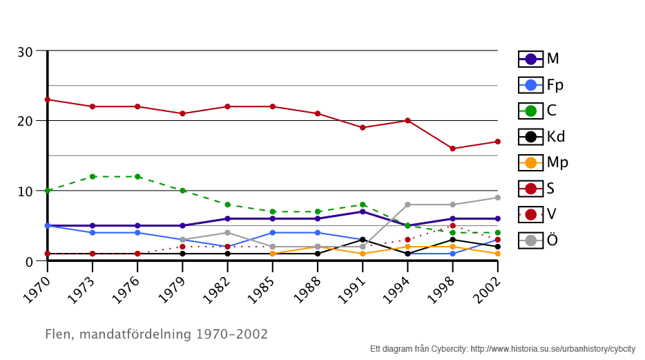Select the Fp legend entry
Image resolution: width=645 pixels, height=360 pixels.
(x=541, y=85)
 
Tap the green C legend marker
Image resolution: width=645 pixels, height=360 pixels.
(x=530, y=111)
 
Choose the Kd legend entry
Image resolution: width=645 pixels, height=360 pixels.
(x=541, y=136)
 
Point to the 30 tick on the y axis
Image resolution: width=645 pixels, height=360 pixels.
(x=26, y=52)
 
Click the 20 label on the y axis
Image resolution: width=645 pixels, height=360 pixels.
(x=26, y=121)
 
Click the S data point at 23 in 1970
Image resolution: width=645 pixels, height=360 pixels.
(x=48, y=100)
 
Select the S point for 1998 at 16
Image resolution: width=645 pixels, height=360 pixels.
(x=452, y=149)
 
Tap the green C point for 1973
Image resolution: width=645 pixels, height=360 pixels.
(x=93, y=177)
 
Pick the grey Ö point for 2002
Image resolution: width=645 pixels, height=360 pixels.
(x=497, y=198)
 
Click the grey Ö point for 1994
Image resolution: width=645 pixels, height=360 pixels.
(x=407, y=205)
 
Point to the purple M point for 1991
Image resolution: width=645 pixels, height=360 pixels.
(x=363, y=211)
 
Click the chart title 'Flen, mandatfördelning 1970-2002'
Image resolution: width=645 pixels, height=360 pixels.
(x=156, y=334)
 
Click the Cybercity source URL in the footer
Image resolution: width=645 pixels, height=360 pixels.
(x=552, y=350)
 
